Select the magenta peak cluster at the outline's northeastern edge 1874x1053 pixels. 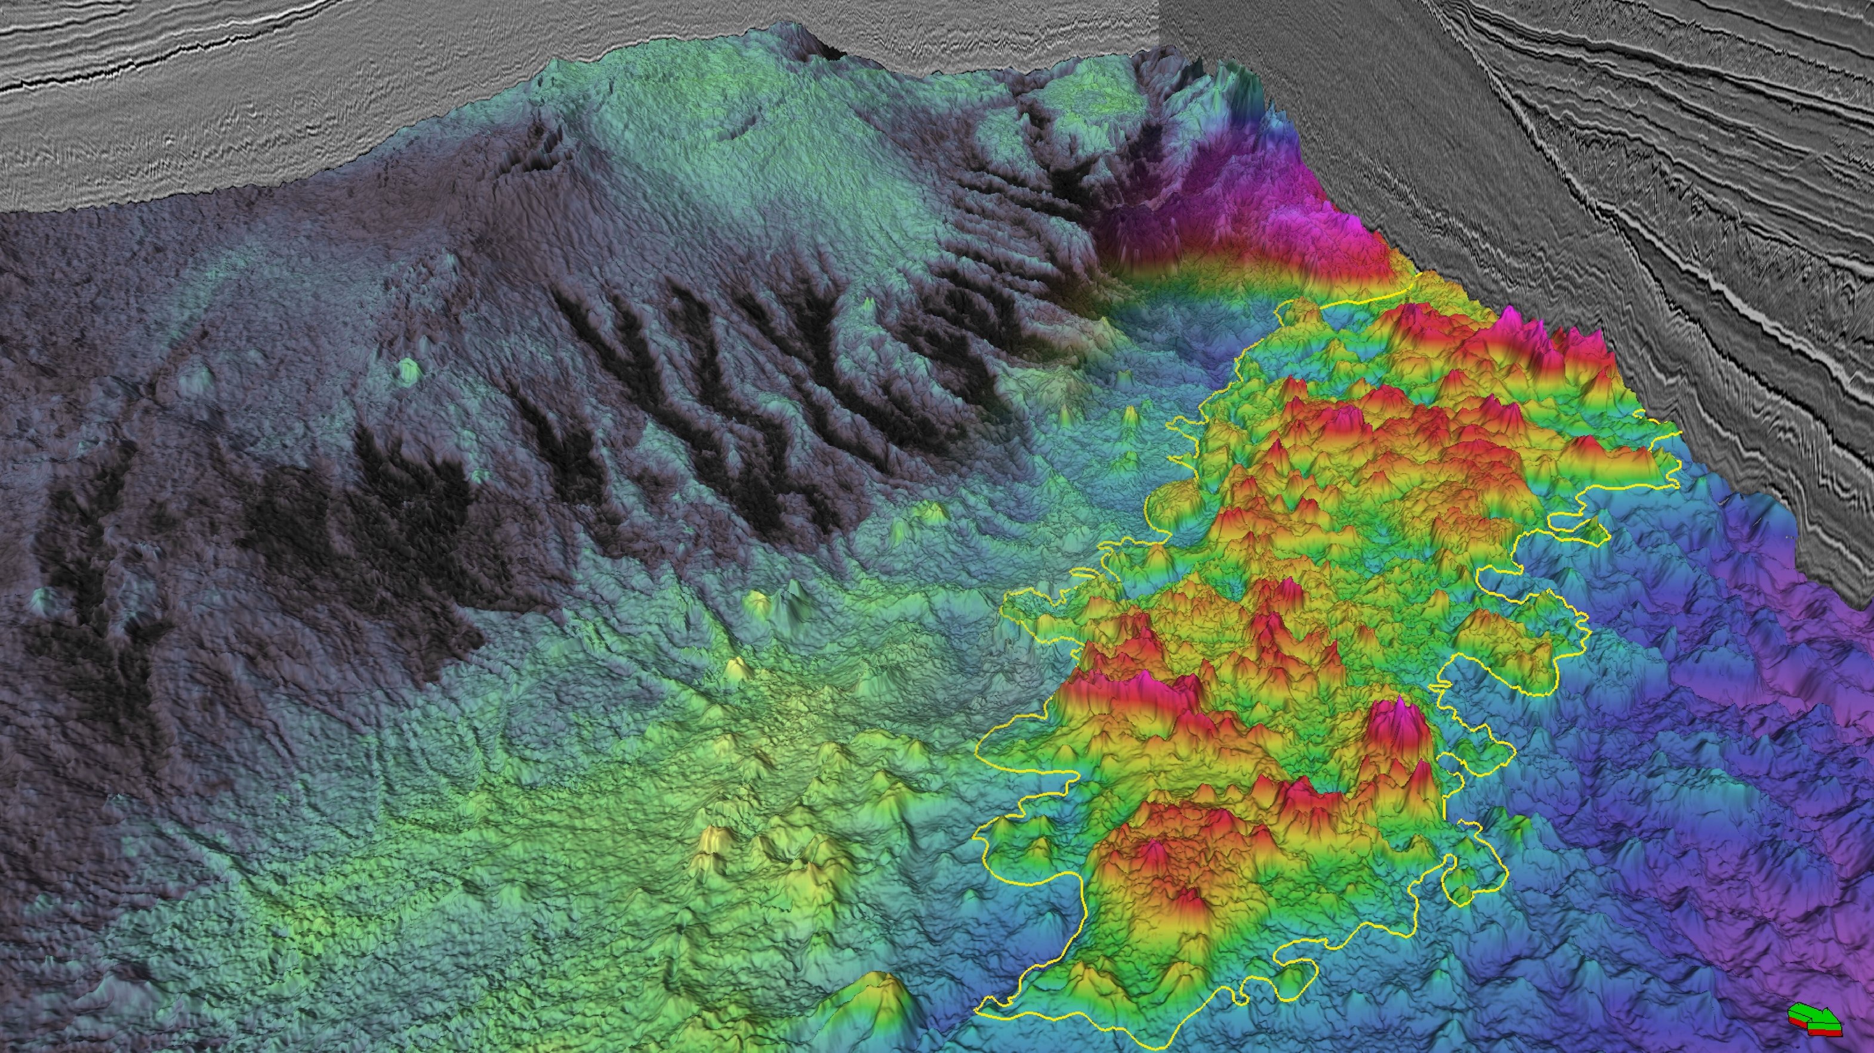click(x=1513, y=328)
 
